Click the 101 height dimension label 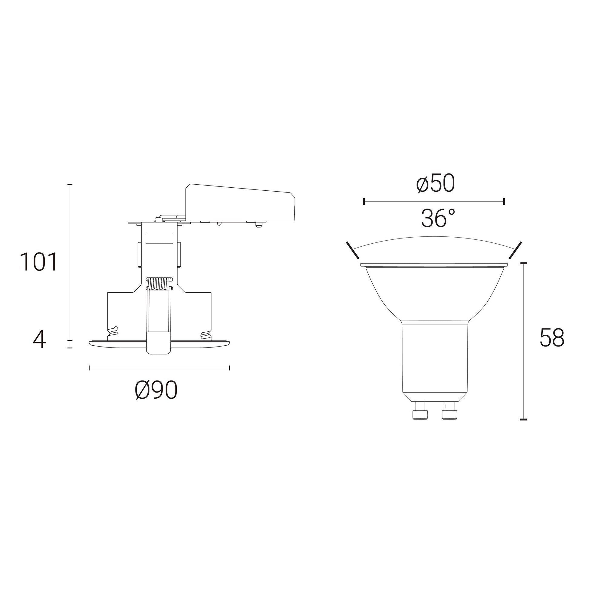[38, 262]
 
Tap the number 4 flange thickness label [39, 341]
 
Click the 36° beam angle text [438, 218]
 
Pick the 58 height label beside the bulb [552, 337]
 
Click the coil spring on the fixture [159, 284]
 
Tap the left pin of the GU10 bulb [420, 410]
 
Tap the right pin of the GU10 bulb [450, 410]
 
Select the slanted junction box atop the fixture [240, 203]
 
